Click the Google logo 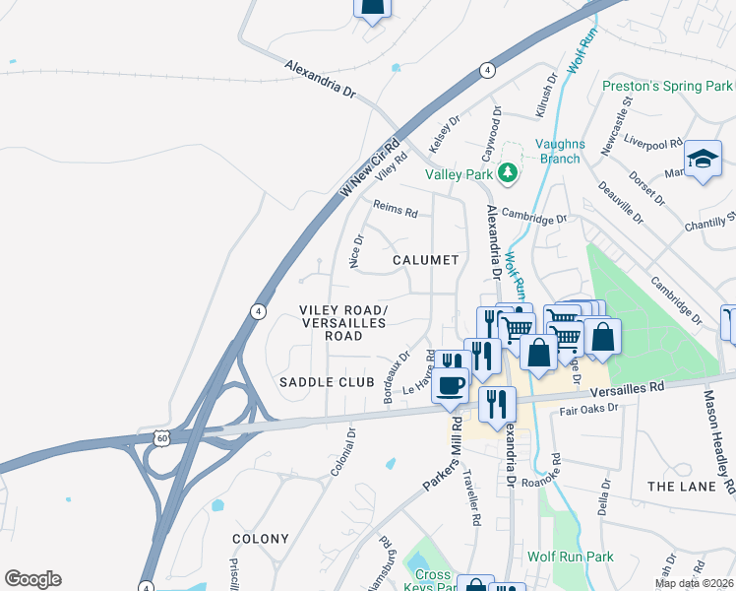pos(32,579)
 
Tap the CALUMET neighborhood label pos(425,260)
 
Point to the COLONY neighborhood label pos(261,539)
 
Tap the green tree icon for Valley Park pos(508,174)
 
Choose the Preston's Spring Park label pos(667,87)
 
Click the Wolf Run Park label pos(570,557)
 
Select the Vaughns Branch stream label pos(560,151)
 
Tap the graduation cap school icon pos(704,159)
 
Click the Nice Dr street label pos(355,250)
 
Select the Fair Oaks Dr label pos(588,409)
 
